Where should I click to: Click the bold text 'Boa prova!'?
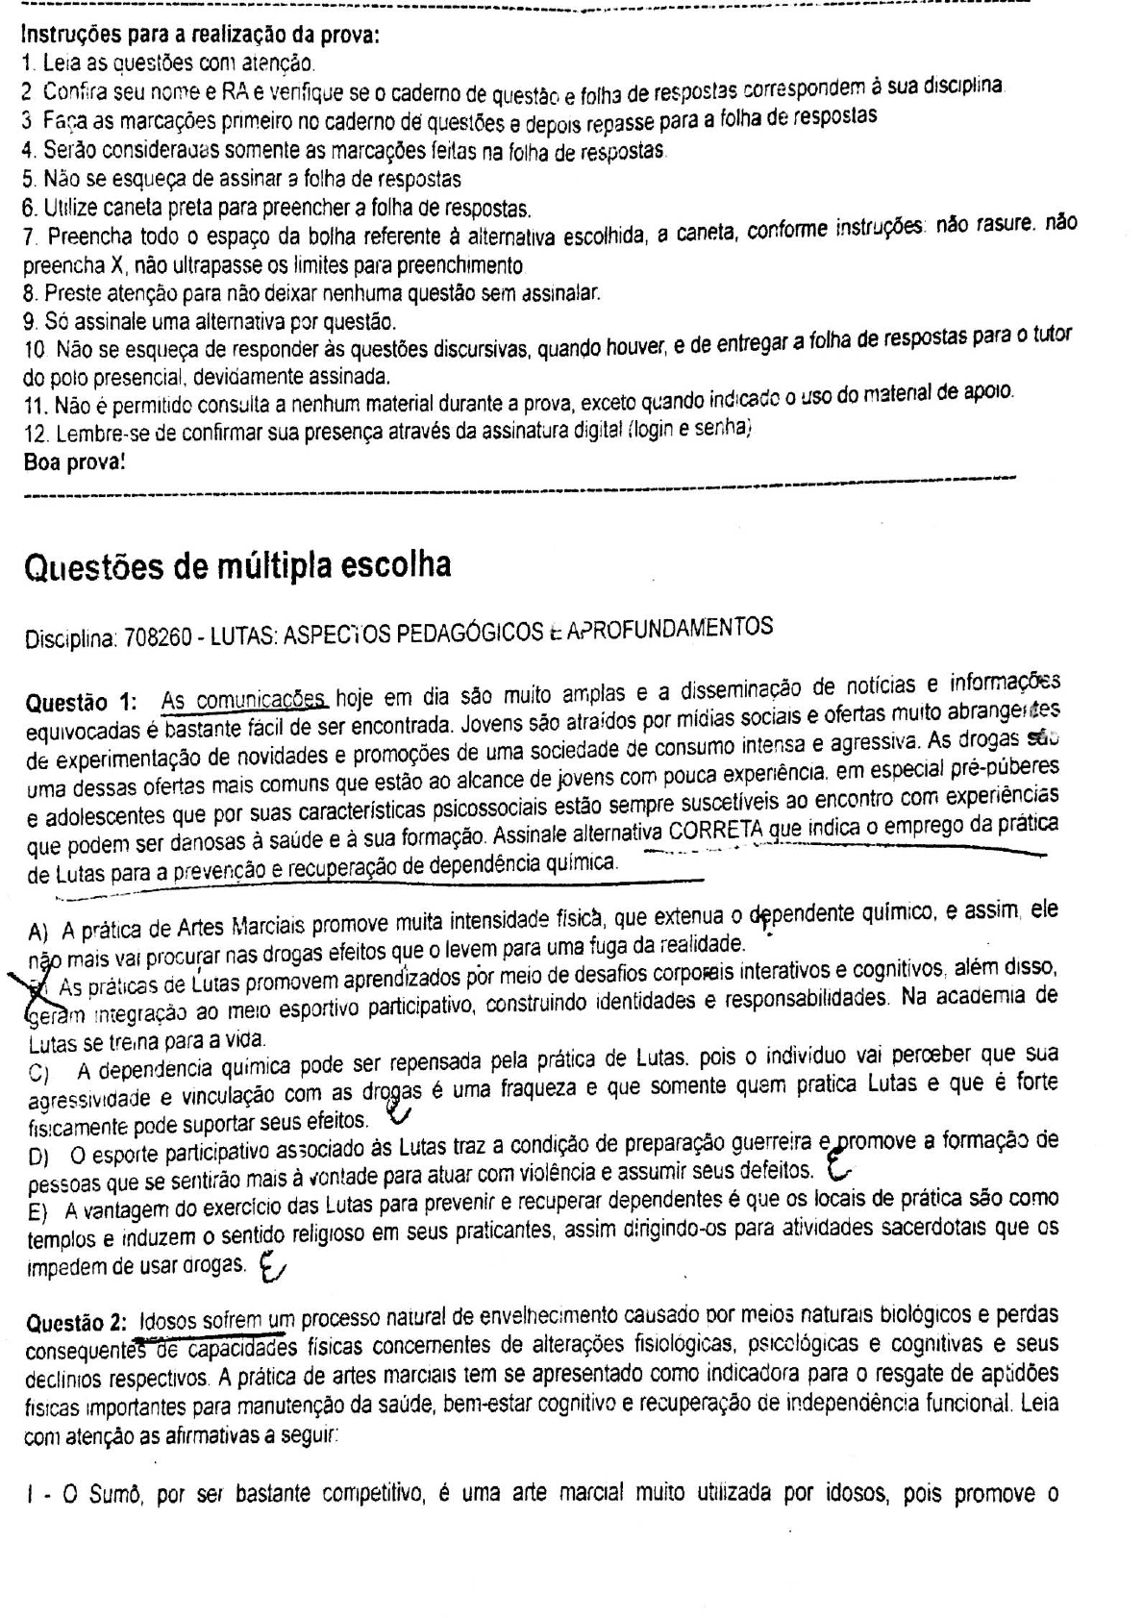[x=73, y=462]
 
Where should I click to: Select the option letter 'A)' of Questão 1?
[x=38, y=932]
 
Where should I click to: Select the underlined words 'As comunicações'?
[x=245, y=702]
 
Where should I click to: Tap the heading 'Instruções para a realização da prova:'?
[x=200, y=37]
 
